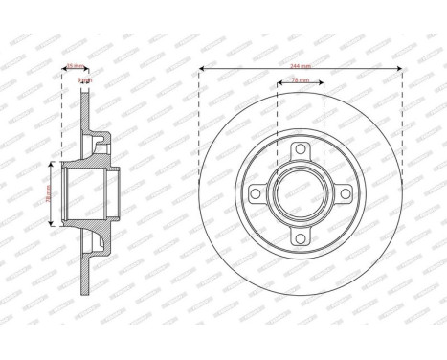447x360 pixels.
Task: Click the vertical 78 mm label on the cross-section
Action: point(49,193)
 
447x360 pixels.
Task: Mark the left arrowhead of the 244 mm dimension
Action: point(203,70)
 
